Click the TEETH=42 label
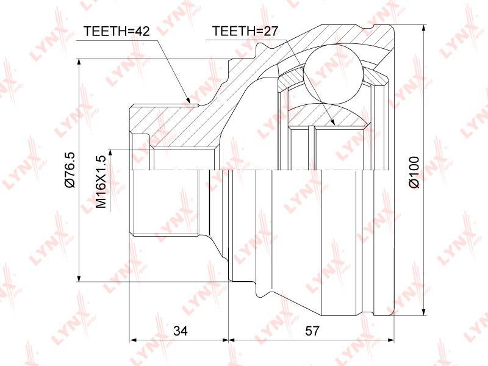(117, 31)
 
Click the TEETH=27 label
(245, 31)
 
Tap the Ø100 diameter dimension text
(415, 172)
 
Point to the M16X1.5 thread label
(101, 182)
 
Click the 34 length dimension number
(181, 331)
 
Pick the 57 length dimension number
(312, 331)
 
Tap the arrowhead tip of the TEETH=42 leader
(190, 103)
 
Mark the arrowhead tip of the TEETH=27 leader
(334, 125)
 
